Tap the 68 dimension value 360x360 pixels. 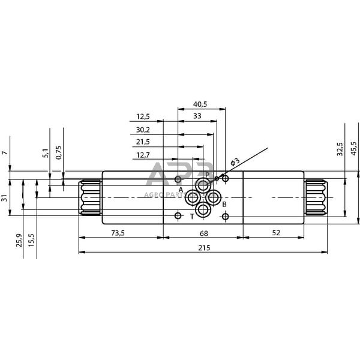pos(203,233)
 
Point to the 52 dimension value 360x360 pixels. pos(275,233)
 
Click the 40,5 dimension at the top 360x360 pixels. pos(200,104)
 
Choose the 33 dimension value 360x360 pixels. pos(197,116)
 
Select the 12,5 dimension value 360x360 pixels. pos(143,116)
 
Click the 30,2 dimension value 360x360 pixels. pos(143,129)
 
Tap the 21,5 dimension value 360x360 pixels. pos(143,142)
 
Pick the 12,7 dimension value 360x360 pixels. pos(143,155)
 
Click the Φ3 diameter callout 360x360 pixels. pos(235,162)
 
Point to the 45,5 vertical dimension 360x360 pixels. pos(353,148)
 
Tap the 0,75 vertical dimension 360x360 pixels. pos(58,152)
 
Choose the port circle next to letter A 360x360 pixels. pos(193,198)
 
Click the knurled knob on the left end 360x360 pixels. pos(90,197)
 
